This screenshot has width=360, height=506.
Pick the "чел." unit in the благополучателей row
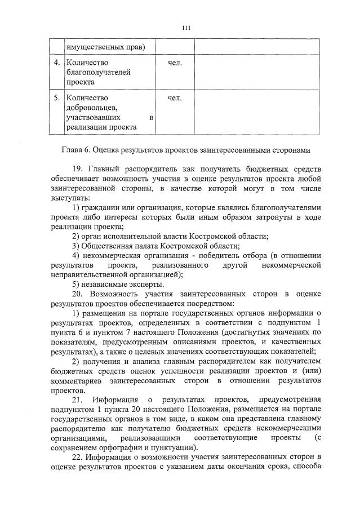[175, 62]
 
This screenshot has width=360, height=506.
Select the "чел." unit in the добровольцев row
[175, 98]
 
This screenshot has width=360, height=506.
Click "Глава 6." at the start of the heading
[76, 150]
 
